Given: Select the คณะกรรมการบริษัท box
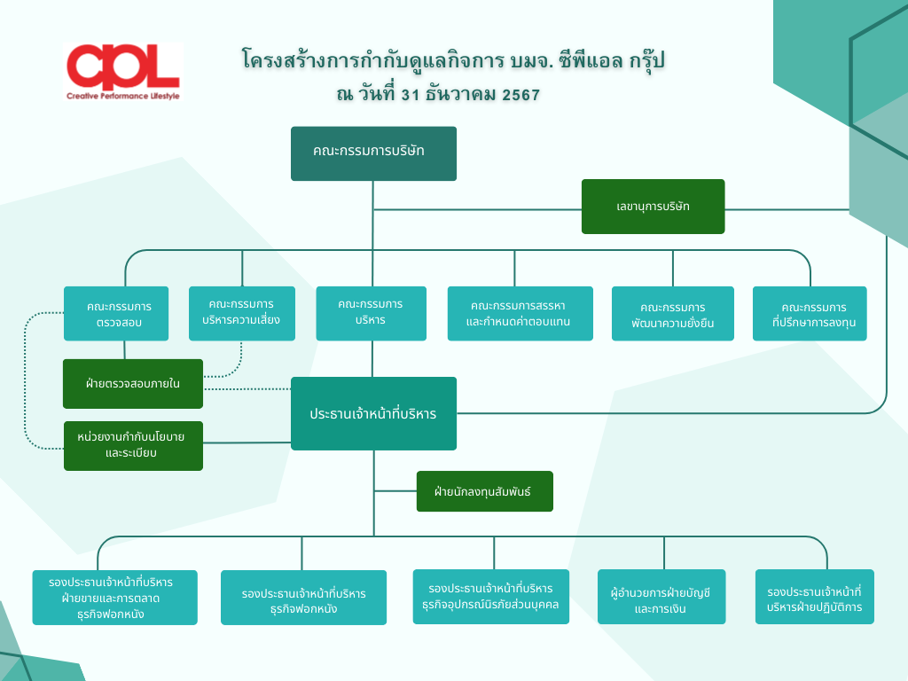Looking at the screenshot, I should [373, 153].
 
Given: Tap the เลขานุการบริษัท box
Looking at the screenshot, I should [653, 207].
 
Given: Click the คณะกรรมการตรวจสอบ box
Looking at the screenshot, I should [119, 314].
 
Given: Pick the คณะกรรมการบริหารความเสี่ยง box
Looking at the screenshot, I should [241, 312].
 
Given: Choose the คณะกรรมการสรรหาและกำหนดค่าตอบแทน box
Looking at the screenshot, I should [520, 313].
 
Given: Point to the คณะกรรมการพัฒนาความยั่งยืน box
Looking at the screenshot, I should [672, 314].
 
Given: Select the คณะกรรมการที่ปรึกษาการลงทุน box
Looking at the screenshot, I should [809, 314].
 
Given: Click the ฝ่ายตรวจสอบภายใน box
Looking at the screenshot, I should [133, 384].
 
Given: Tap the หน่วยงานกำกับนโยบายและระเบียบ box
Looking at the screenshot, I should [133, 445].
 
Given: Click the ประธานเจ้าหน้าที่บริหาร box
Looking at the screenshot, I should [373, 413].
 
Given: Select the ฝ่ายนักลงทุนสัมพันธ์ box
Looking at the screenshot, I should [484, 491].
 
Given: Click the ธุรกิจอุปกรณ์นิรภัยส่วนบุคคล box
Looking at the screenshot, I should [490, 597].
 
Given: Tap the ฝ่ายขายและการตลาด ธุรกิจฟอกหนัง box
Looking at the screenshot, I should [114, 598].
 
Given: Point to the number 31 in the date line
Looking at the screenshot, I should [410, 94].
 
